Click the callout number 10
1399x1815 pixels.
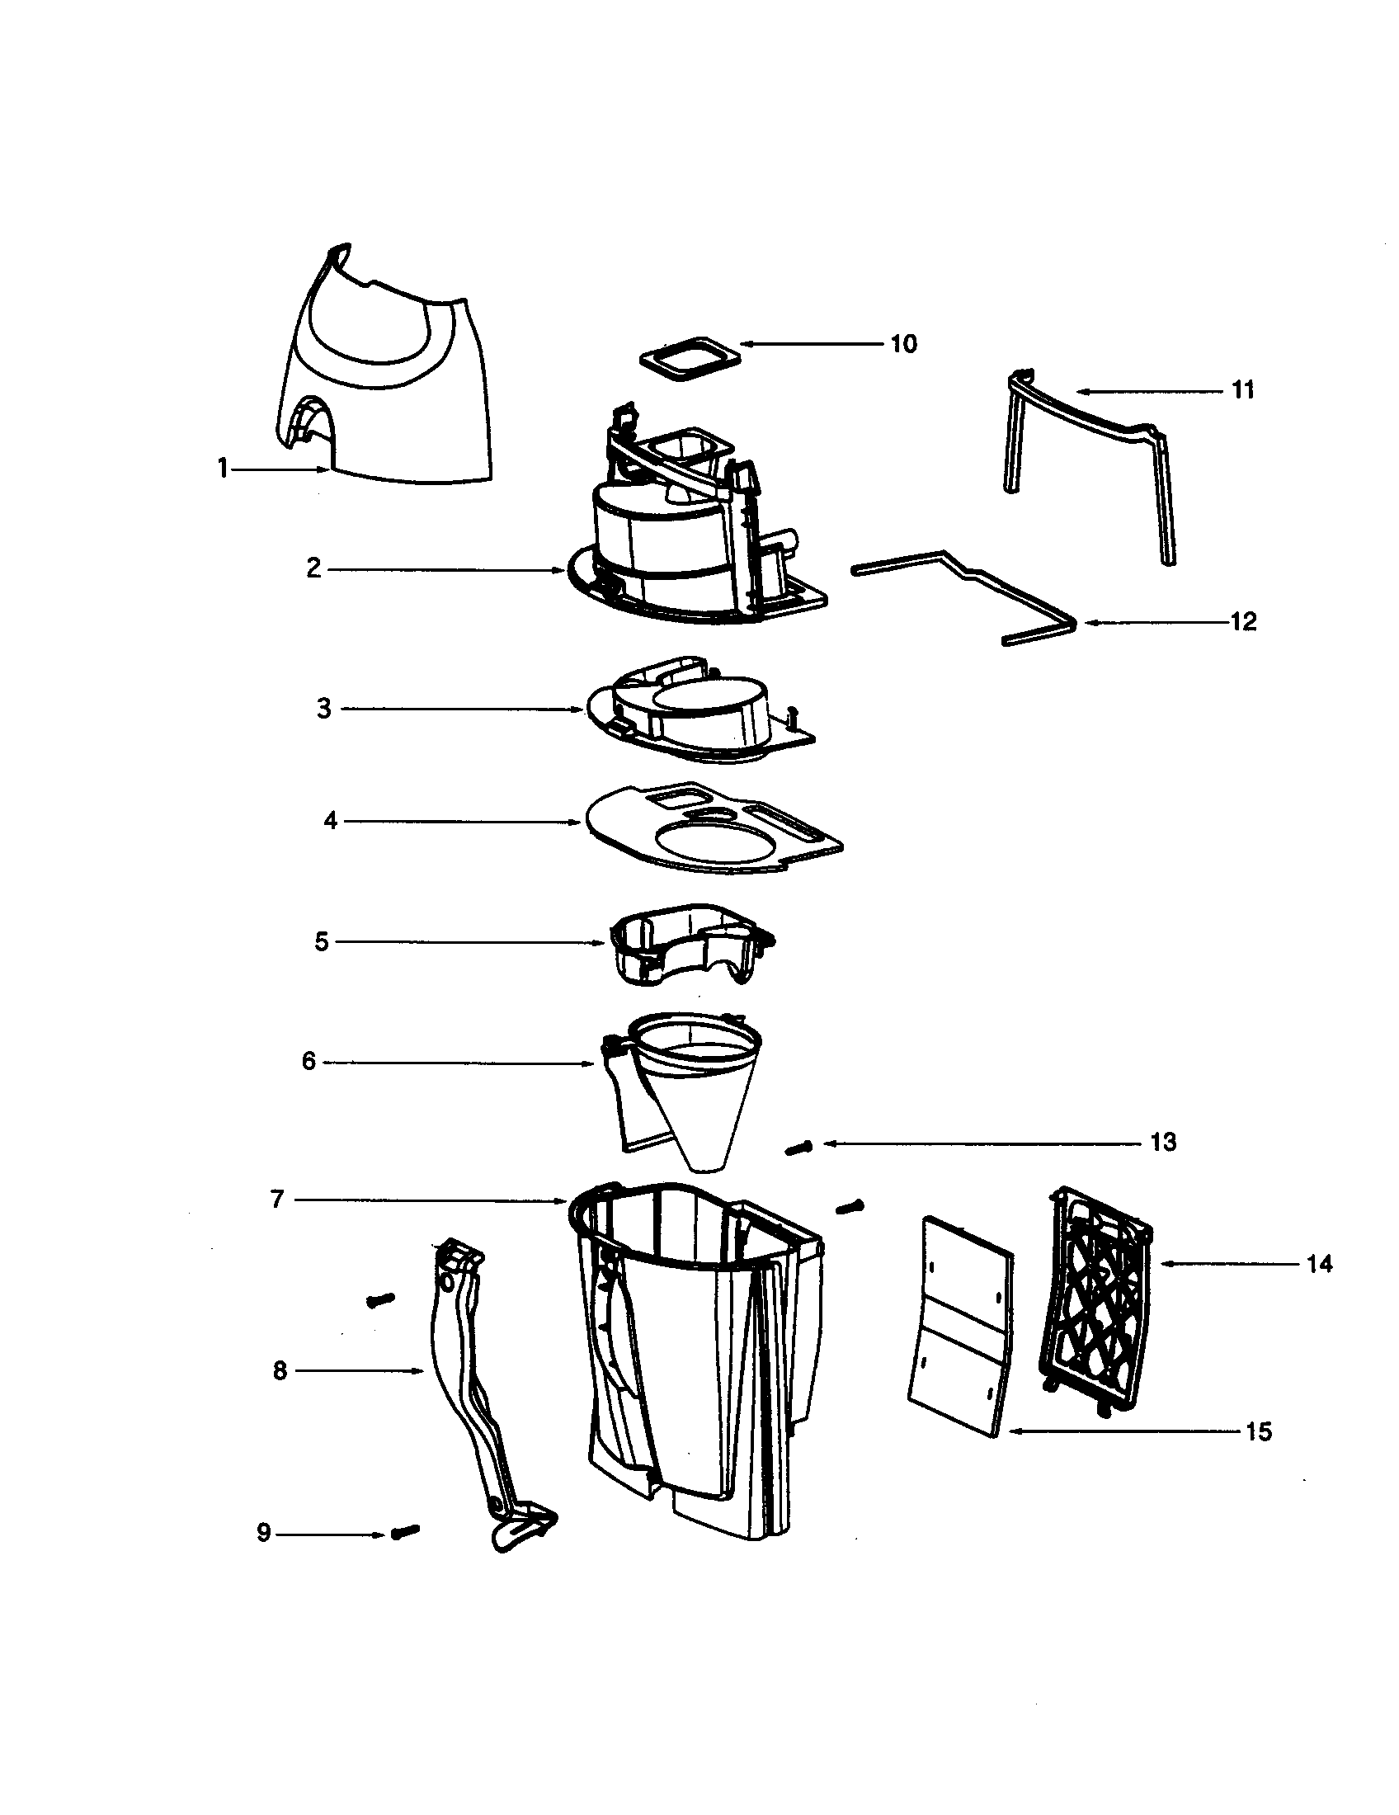[x=903, y=344]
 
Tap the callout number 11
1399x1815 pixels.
[x=1242, y=389]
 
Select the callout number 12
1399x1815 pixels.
[x=1242, y=621]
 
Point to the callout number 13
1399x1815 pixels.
[x=1163, y=1143]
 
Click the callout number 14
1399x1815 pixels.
[x=1319, y=1264]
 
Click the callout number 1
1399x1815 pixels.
[x=223, y=469]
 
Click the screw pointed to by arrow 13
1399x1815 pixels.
[x=799, y=1148]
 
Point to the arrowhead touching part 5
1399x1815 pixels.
[x=602, y=942]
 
